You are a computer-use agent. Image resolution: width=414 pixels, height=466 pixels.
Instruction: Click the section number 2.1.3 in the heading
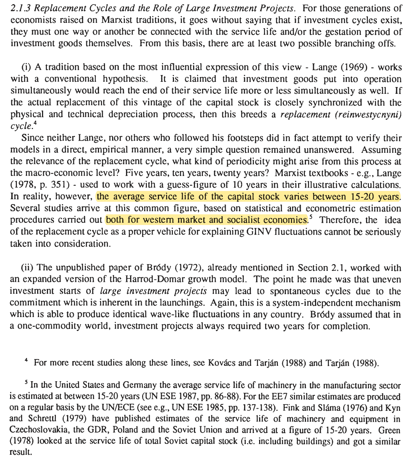[19, 8]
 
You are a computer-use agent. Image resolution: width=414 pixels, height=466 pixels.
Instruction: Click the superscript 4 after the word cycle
[34, 123]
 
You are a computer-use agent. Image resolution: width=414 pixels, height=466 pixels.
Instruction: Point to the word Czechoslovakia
[37, 430]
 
